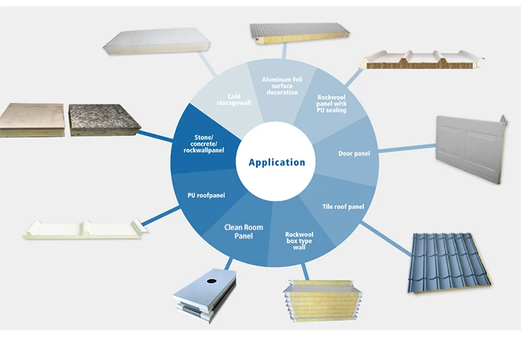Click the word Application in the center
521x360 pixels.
[x=276, y=163]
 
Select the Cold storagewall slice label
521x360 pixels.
[x=239, y=100]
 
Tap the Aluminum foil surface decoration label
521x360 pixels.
[x=281, y=86]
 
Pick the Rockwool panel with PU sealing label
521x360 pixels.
[x=331, y=104]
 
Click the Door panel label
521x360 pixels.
[x=354, y=154]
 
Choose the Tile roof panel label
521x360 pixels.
[x=343, y=206]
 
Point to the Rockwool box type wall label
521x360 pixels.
[x=300, y=240]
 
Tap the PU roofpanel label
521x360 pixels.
[x=206, y=196]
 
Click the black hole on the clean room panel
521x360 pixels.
[x=209, y=282]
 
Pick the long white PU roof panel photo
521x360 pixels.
[x=83, y=230]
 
